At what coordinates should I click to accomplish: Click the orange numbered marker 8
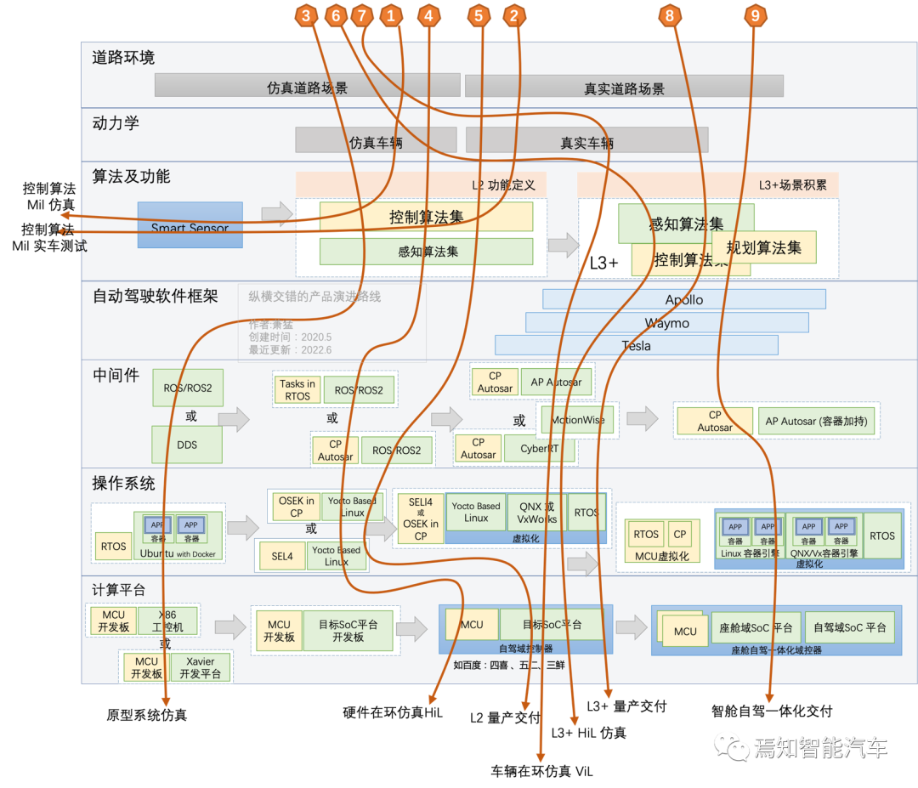(670, 15)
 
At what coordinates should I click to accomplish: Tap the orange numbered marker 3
(307, 15)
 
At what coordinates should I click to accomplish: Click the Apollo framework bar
(684, 299)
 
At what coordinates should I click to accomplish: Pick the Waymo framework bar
(667, 322)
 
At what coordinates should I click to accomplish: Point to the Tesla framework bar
(637, 345)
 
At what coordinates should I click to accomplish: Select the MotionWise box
(578, 420)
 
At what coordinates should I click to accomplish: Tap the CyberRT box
(540, 448)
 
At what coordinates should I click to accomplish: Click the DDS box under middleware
(187, 445)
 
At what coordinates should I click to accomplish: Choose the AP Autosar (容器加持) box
(817, 421)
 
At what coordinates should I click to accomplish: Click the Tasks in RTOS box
(297, 389)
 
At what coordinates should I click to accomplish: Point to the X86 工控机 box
(168, 621)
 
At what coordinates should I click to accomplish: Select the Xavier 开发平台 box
(200, 667)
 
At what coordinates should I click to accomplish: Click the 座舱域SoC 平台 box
(756, 627)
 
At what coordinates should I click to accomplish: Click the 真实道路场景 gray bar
(624, 87)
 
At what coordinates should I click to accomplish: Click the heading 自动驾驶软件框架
(156, 297)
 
